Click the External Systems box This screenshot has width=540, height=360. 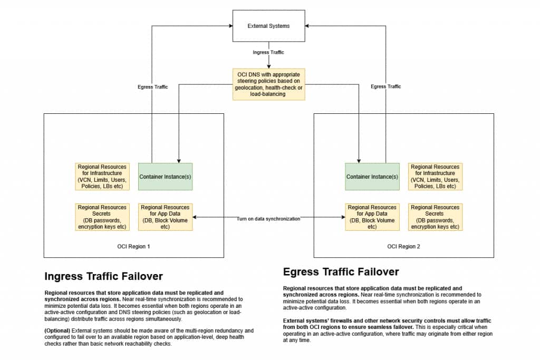pos(269,26)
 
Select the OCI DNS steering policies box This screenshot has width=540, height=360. pos(269,83)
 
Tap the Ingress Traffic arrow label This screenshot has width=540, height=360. pos(269,52)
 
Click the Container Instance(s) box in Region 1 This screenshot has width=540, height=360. pos(165,177)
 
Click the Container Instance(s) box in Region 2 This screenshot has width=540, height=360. pos(372,177)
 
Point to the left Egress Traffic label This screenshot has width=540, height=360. pos(152,87)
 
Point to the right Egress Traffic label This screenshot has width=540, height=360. pos(385,87)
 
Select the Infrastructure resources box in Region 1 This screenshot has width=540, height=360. pos(102,177)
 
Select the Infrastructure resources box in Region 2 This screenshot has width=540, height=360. pos(435,177)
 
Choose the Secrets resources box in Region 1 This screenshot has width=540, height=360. pos(102,217)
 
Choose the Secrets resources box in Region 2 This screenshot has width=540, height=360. pos(435,217)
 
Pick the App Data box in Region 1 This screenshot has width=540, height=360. pos(165,217)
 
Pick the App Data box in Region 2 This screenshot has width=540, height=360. pos(372,217)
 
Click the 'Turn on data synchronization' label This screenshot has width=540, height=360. pos(268,218)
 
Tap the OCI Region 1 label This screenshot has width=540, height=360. pos(133,247)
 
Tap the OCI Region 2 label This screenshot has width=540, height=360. pos(403,247)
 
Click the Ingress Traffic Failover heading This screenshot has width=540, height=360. pos(103,276)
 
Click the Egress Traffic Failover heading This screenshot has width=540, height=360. pos(341,272)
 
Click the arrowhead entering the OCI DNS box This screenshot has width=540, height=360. pos(269,66)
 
